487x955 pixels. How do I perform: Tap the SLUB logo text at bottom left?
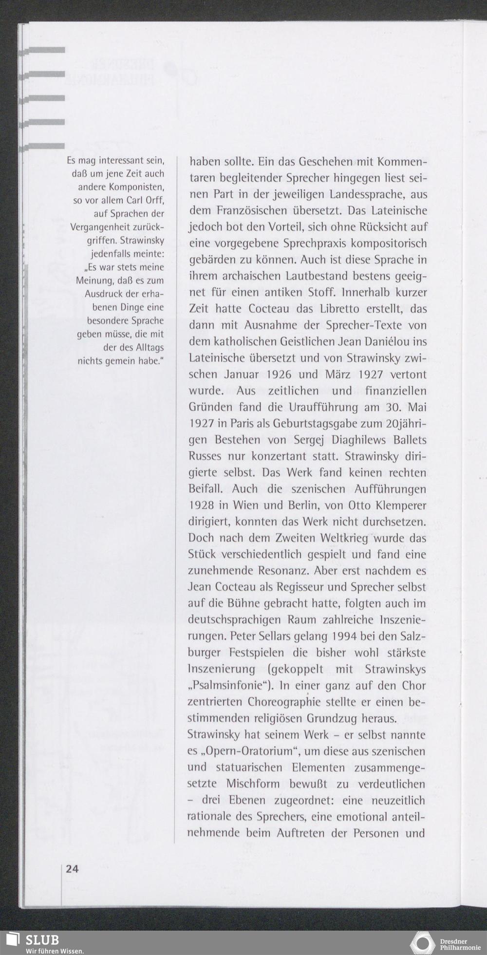(42, 939)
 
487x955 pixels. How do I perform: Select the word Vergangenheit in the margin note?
(114, 227)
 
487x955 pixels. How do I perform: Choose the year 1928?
(202, 505)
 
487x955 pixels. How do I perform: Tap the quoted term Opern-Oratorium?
(248, 751)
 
